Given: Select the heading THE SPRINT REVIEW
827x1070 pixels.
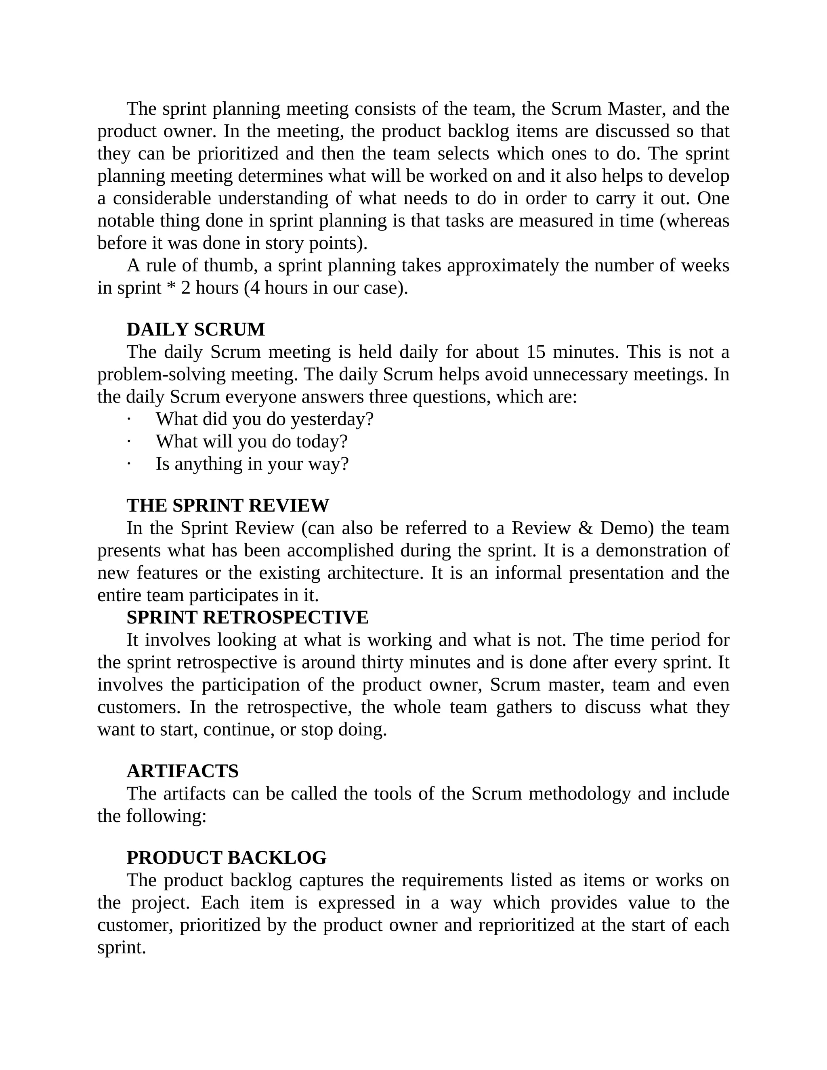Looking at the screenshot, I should (228, 505).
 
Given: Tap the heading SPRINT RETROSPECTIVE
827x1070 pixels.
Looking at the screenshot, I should (247, 617).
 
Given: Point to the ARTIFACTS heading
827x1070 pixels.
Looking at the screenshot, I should (182, 771).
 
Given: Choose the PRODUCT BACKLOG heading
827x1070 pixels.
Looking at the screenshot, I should (227, 857).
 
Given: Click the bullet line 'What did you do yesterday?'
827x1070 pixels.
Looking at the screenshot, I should (264, 420).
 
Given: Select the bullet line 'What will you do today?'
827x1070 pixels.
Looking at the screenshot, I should (251, 441).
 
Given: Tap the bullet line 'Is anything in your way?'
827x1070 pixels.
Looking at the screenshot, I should (252, 464).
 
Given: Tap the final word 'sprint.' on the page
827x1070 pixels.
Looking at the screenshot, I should (122, 948).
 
